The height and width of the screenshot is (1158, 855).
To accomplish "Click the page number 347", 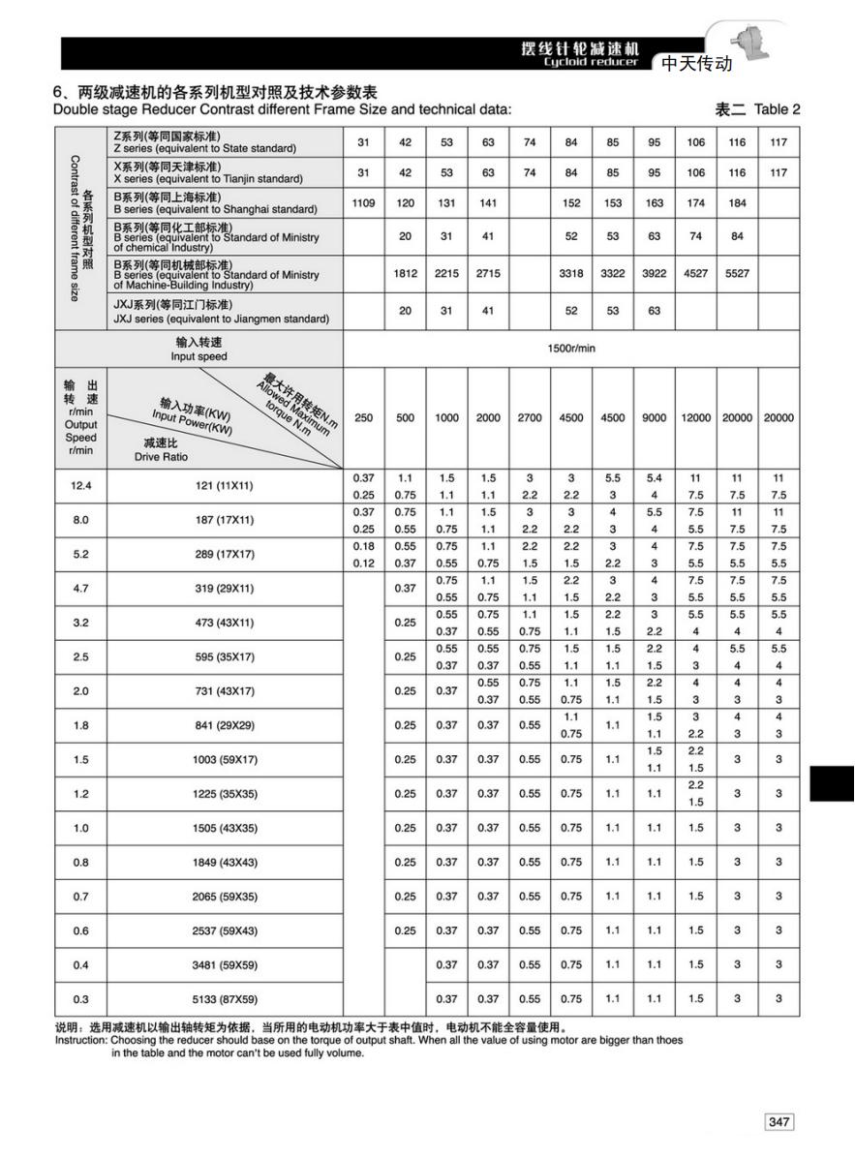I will coord(779,1121).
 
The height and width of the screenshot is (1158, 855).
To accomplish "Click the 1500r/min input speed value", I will coord(571,349).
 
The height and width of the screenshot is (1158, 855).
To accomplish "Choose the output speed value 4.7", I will coord(81,589).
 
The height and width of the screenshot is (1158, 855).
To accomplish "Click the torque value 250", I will coord(363,418).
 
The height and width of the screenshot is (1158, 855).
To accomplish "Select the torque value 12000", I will coord(695,418).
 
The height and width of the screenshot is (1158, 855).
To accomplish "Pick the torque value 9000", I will coord(654,418).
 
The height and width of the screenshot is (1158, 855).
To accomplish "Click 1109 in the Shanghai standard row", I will coord(363,203).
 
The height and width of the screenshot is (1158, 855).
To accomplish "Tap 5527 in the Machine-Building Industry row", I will coord(737,273).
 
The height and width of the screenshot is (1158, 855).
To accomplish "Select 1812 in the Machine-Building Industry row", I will coord(405,273).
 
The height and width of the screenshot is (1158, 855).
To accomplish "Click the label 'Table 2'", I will coord(777,109).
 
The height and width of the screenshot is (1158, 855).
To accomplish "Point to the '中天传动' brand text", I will coord(696,65).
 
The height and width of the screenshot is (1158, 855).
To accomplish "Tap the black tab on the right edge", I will coord(831,783).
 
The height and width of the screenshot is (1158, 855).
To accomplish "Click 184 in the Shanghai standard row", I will coord(737,203).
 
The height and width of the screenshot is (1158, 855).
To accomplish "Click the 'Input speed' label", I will coord(198,356).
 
